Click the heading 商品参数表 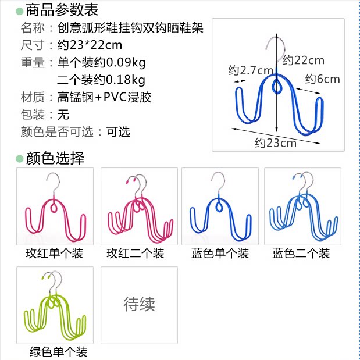click(x=62, y=10)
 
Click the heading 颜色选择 click(x=55, y=158)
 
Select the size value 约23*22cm click(x=90, y=45)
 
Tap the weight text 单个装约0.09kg click(x=101, y=62)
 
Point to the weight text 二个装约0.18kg click(x=101, y=80)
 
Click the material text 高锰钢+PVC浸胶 click(x=105, y=97)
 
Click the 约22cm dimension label click(x=303, y=60)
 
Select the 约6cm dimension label click(x=322, y=79)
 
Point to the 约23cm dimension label click(x=275, y=142)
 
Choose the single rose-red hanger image click(x=55, y=206)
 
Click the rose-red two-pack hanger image click(x=138, y=206)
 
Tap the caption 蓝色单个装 click(x=220, y=254)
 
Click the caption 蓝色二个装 click(x=301, y=254)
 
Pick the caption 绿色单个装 click(x=58, y=352)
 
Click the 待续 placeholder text click(x=139, y=304)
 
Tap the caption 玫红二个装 click(x=135, y=254)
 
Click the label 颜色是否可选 click(x=57, y=131)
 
